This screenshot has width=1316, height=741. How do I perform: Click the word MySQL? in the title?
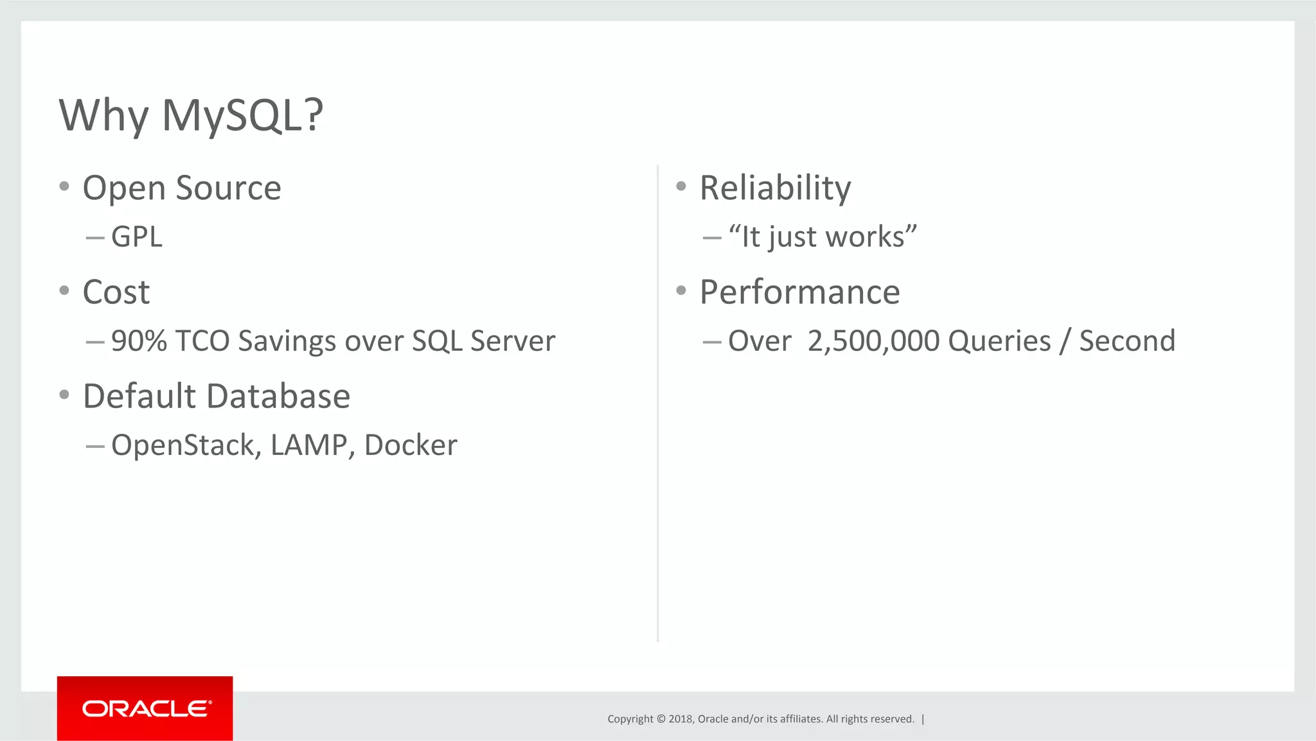click(242, 116)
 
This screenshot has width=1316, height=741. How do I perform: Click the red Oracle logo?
click(145, 708)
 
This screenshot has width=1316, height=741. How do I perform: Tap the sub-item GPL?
click(136, 237)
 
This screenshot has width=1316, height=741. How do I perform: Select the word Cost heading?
click(116, 292)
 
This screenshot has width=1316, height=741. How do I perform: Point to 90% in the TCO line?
click(139, 341)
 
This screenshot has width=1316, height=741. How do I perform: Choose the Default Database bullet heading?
click(217, 396)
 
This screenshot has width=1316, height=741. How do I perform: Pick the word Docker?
click(411, 445)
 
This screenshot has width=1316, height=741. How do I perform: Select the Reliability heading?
click(775, 188)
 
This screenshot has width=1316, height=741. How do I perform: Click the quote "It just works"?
click(822, 237)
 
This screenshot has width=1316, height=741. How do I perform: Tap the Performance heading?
click(799, 292)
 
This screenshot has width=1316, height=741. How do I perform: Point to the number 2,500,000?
click(874, 341)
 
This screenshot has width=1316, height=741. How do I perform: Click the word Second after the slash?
click(1127, 341)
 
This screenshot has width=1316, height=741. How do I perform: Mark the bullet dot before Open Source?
click(64, 186)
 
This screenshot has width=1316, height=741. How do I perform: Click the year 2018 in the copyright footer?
click(680, 719)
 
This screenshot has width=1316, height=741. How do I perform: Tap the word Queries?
click(999, 341)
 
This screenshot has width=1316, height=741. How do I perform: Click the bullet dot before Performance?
click(681, 290)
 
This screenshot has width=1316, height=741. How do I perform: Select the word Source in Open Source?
click(228, 188)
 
